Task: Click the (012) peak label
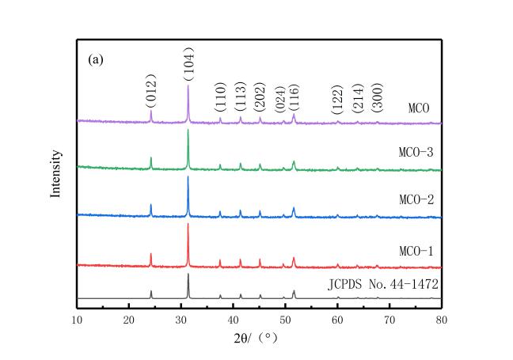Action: [150, 91]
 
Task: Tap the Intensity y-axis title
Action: [56, 174]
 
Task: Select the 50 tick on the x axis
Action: [285, 320]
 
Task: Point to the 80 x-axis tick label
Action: [442, 320]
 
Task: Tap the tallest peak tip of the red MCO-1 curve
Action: [188, 225]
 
